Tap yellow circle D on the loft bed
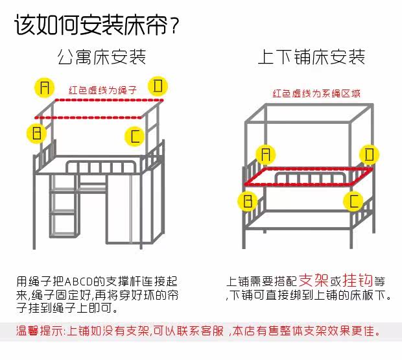point(158,85)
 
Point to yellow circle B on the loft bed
point(37,134)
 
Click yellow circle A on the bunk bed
point(264,153)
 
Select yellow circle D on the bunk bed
point(370,154)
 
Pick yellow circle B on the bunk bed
point(247,200)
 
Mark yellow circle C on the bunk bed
point(353,201)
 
